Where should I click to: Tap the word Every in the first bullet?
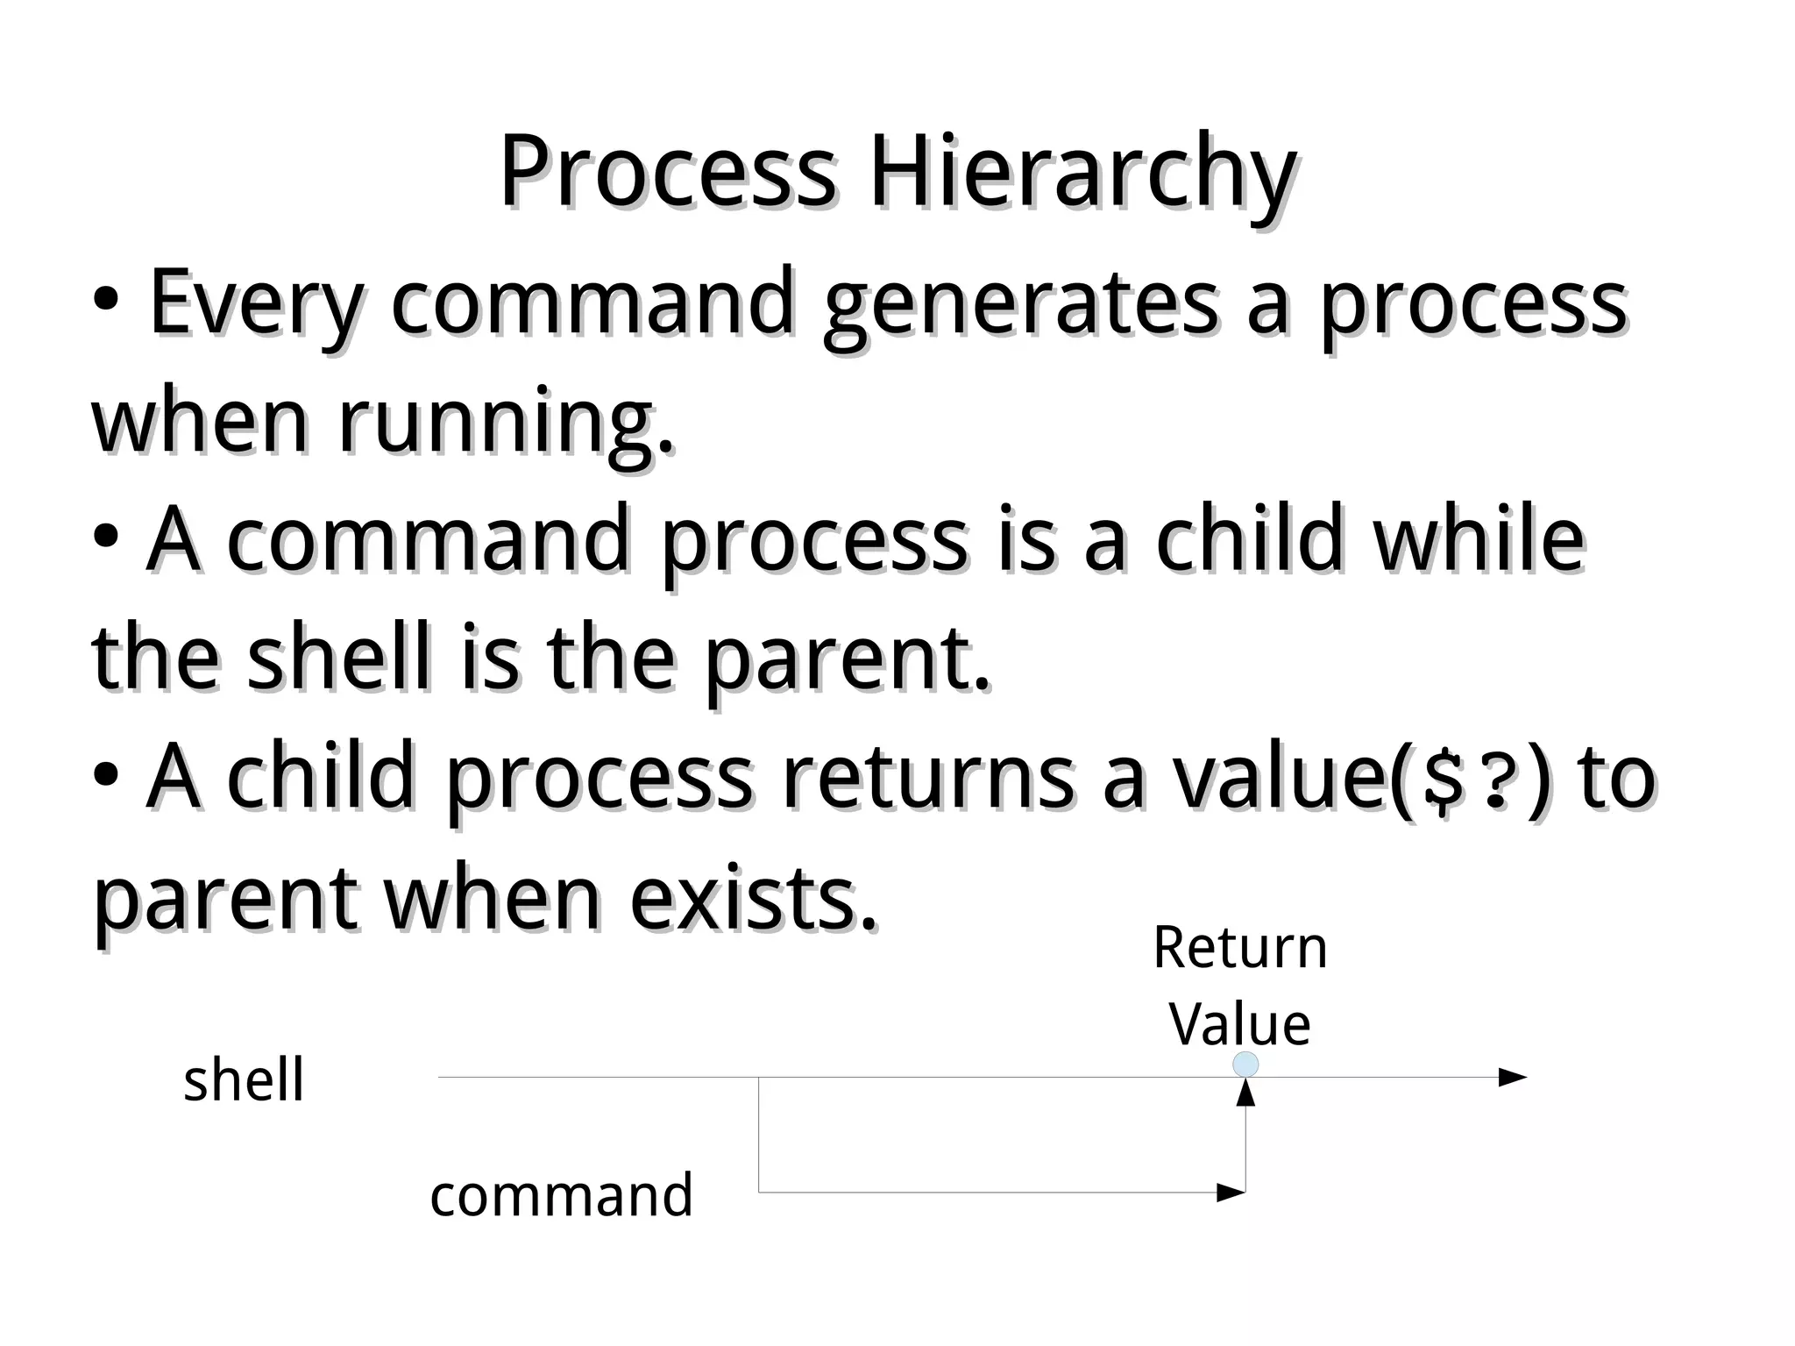click(x=255, y=303)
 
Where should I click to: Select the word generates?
click(x=1020, y=305)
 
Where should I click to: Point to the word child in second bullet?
click(x=1248, y=538)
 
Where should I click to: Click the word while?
click(x=1479, y=538)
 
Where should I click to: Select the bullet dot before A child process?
click(x=105, y=775)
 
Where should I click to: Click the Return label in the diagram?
click(x=1239, y=948)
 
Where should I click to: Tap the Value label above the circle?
click(x=1239, y=1023)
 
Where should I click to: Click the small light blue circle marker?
click(x=1245, y=1065)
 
